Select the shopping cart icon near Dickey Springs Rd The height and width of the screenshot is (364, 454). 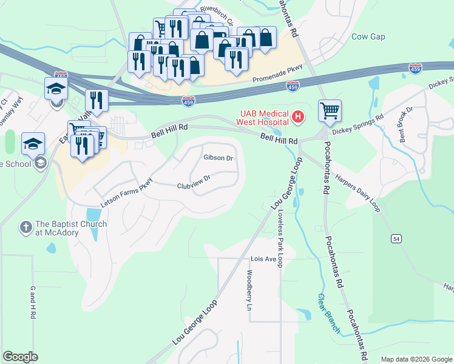click(x=330, y=112)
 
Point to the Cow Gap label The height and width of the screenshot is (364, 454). click(x=368, y=37)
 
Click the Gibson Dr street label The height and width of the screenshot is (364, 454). click(x=219, y=158)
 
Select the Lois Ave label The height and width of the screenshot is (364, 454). click(x=263, y=259)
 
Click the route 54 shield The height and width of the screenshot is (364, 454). click(x=396, y=240)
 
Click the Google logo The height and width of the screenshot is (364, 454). click(x=20, y=357)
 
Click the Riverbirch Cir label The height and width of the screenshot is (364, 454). click(x=221, y=10)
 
